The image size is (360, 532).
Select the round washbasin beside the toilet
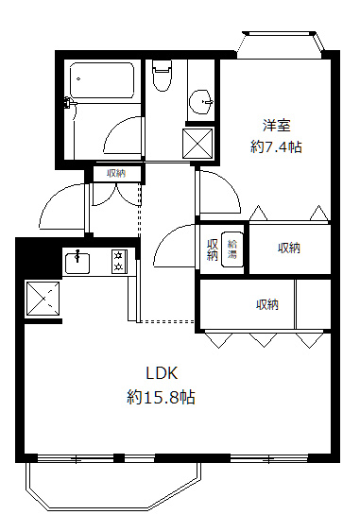pyautogui.click(x=199, y=101)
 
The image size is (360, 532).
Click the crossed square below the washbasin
pyautogui.click(x=197, y=144)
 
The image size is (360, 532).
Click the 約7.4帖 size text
pyautogui.click(x=276, y=146)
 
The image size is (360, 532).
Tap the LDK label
pyautogui.click(x=162, y=371)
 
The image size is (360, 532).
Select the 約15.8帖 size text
pyautogui.click(x=162, y=397)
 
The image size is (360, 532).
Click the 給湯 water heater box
pyautogui.click(x=232, y=249)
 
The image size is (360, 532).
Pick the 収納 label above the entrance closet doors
pyautogui.click(x=116, y=172)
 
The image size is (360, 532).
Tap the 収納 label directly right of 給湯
pyautogui.click(x=289, y=248)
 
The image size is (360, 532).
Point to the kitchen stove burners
pyautogui.click(x=119, y=260)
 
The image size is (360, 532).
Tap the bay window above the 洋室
pyautogui.click(x=281, y=43)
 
